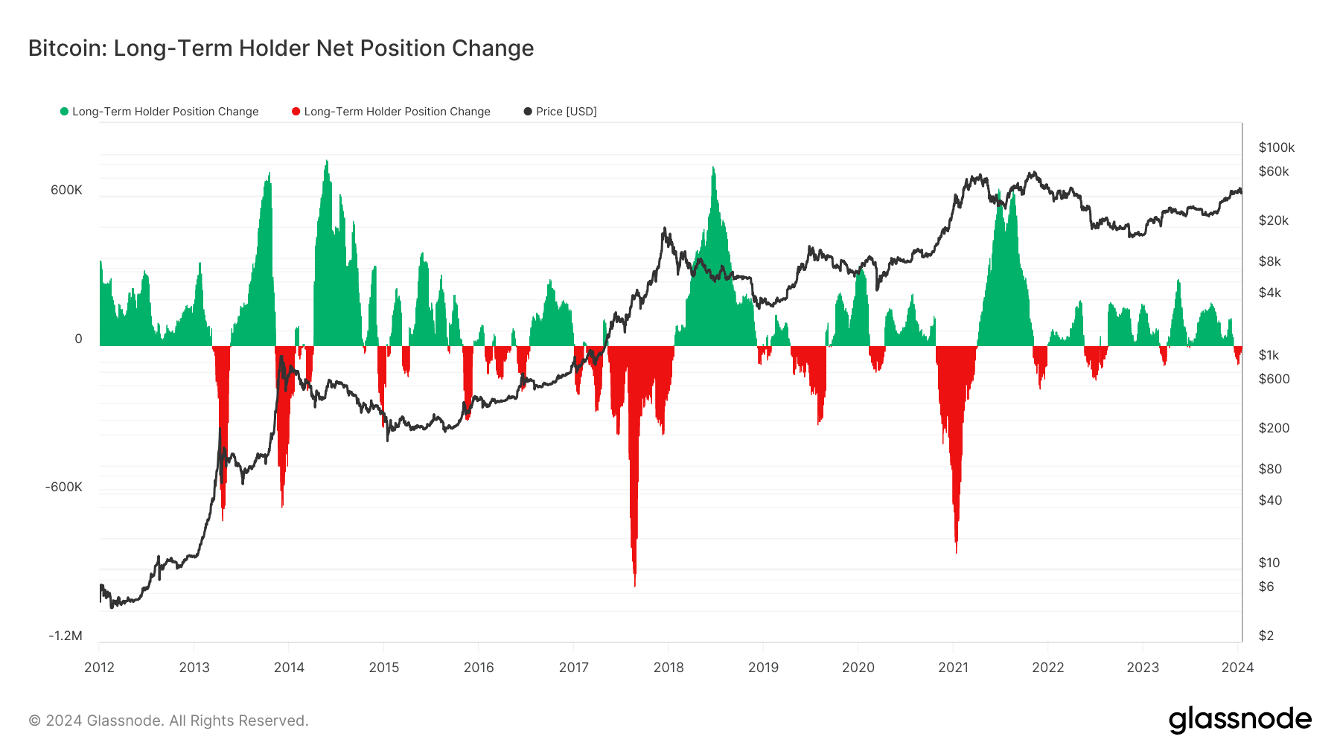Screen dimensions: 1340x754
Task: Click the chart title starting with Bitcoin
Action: point(281,48)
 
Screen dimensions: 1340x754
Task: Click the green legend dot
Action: point(64,112)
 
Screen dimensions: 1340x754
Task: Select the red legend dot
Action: point(296,112)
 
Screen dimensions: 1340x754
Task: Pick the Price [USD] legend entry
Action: point(561,112)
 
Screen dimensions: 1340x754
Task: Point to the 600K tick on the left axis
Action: point(66,190)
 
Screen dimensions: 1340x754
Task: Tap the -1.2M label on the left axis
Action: point(66,636)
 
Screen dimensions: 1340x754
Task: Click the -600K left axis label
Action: point(64,487)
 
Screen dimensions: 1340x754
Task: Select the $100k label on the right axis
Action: point(1277,147)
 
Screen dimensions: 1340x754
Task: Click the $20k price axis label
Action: point(1274,220)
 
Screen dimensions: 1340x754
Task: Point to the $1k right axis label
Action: point(1269,355)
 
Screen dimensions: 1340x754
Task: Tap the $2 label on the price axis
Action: point(1266,636)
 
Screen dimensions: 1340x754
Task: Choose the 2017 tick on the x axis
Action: point(574,668)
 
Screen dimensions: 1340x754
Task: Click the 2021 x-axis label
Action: point(954,668)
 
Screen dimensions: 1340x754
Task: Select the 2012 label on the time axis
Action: point(100,668)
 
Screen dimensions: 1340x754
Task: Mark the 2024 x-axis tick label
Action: point(1238,668)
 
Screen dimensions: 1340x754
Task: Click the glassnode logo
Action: point(1240,720)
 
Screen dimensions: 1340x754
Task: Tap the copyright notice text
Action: point(168,721)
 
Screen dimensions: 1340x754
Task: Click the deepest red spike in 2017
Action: point(634,584)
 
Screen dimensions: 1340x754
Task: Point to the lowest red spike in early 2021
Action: point(956,551)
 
